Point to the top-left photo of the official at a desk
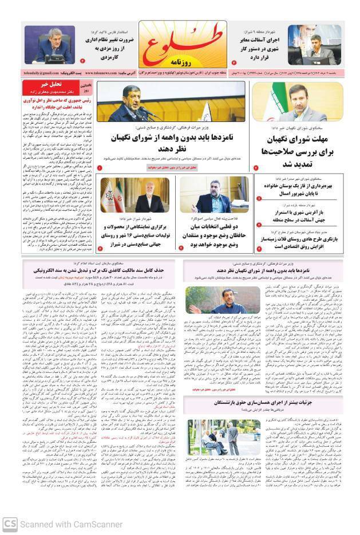pyautogui.click(x=52, y=45)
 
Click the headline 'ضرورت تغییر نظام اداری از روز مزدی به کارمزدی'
pyautogui.click(x=104, y=46)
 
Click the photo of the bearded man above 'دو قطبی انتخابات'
pyautogui.click(x=214, y=195)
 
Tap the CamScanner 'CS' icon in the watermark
pyautogui.click(x=10, y=524)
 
